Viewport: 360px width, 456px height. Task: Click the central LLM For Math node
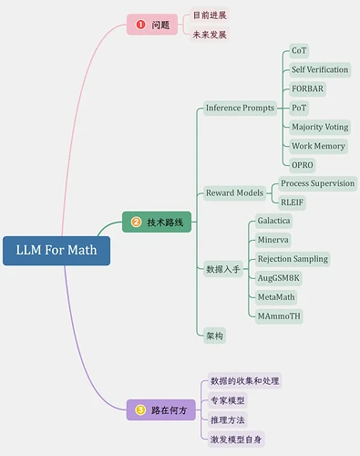pos(56,251)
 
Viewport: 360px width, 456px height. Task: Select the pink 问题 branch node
pos(152,25)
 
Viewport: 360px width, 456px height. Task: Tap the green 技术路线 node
pos(157,222)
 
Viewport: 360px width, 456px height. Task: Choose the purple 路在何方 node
pos(161,409)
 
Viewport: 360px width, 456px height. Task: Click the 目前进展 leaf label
pos(210,16)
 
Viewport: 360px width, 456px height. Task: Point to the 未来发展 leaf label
pos(210,35)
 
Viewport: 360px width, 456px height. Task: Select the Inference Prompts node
pos(240,108)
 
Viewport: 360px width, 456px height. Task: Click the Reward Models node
pos(234,192)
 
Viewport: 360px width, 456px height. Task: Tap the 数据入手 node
pos(223,269)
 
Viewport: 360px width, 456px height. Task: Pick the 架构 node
pos(215,336)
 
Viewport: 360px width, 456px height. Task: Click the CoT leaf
pos(299,50)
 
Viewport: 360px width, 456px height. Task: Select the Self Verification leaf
pos(320,69)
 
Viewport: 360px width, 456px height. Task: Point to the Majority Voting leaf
pos(319,127)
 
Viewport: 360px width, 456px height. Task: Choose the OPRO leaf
pos(303,165)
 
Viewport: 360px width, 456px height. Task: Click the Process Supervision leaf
pos(317,183)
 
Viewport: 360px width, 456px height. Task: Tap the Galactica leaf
pos(273,221)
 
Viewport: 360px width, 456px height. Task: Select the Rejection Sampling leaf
pos(292,259)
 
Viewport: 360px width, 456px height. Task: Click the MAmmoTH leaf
pos(279,316)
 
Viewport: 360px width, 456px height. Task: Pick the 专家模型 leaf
pos(227,400)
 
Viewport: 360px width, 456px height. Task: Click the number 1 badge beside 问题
pos(140,25)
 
